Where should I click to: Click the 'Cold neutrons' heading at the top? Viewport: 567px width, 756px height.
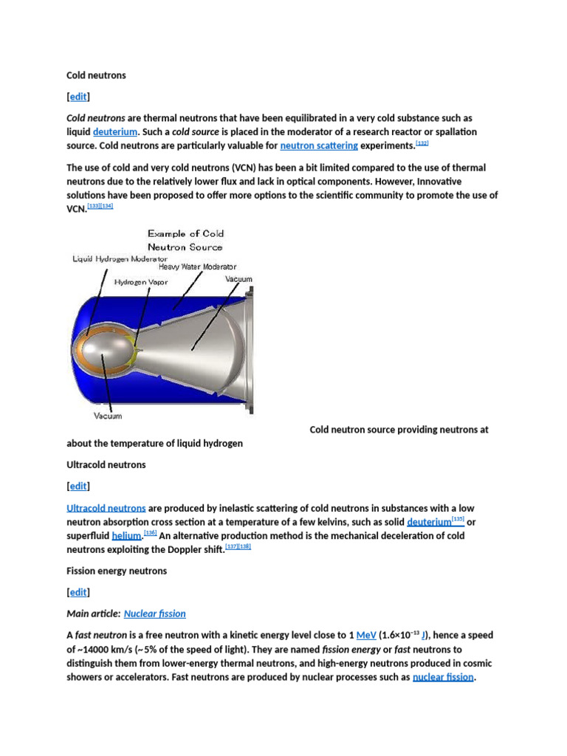coord(96,75)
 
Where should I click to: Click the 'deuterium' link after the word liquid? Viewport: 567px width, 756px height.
coord(115,131)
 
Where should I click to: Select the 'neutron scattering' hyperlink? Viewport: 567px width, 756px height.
coord(319,145)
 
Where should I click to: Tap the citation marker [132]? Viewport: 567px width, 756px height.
coord(422,142)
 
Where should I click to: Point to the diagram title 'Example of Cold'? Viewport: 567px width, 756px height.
coord(185,234)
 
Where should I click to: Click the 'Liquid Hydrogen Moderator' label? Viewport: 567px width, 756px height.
coord(120,259)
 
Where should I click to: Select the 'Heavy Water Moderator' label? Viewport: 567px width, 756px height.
coord(197,267)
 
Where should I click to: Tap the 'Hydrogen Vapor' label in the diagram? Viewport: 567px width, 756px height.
coord(142,281)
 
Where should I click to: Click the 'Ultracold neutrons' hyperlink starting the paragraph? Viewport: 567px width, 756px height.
coord(106,508)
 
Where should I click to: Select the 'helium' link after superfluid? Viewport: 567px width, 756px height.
coord(126,535)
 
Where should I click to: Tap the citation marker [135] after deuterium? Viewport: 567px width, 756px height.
coord(457,519)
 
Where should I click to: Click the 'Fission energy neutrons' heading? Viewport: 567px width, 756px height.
coord(117,571)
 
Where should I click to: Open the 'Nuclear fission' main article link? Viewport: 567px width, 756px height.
coord(154,614)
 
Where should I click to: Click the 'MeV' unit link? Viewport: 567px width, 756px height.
coord(367,635)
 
